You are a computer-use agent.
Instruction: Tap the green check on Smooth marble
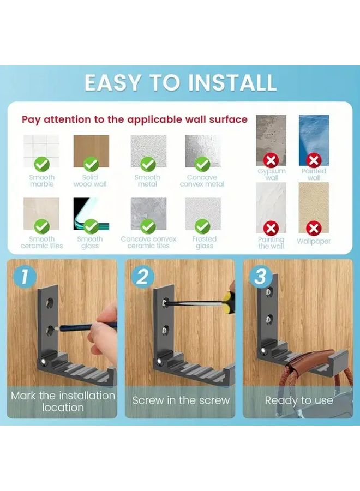(42, 163)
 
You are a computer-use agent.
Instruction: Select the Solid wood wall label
(90, 181)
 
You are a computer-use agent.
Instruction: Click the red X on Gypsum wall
(271, 160)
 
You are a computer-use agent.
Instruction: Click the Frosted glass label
(204, 242)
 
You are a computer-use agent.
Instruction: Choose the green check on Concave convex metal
(202, 163)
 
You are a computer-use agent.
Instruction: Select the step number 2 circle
(142, 277)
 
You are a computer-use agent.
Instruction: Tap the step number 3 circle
(260, 277)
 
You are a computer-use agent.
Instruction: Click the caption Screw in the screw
(181, 400)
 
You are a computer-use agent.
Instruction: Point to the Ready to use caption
(298, 400)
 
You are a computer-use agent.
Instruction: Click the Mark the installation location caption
(63, 401)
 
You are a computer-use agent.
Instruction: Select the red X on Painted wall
(314, 160)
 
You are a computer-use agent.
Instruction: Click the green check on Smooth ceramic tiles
(42, 226)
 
